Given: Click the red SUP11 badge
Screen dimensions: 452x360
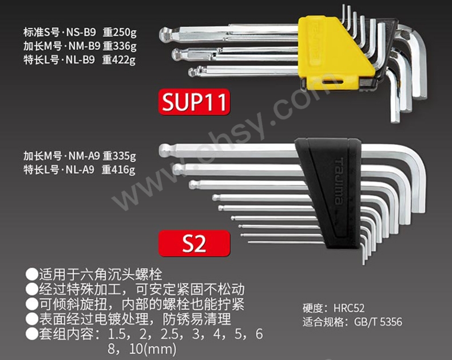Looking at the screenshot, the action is pyautogui.click(x=195, y=102).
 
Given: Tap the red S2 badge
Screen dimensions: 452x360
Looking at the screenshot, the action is pyautogui.click(x=195, y=243).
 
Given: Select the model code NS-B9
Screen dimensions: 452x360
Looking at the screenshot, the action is pyautogui.click(x=81, y=32).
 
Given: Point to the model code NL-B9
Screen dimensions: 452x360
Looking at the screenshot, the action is pyautogui.click(x=81, y=60).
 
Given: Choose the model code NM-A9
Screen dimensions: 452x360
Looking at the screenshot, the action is pyautogui.click(x=84, y=156).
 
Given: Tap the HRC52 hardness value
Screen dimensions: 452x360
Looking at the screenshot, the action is pyautogui.click(x=349, y=308).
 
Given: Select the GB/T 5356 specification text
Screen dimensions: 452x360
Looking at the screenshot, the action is pyautogui.click(x=378, y=322).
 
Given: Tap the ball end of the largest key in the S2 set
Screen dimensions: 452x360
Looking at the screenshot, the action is pyautogui.click(x=164, y=150).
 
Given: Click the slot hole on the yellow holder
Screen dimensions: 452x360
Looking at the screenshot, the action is pyautogui.click(x=331, y=82).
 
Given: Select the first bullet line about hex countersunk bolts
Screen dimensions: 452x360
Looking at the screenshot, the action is pyautogui.click(x=94, y=274).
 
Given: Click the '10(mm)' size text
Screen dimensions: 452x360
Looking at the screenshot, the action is pyautogui.click(x=153, y=349).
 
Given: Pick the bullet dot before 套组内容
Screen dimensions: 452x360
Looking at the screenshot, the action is pyautogui.click(x=31, y=334).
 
